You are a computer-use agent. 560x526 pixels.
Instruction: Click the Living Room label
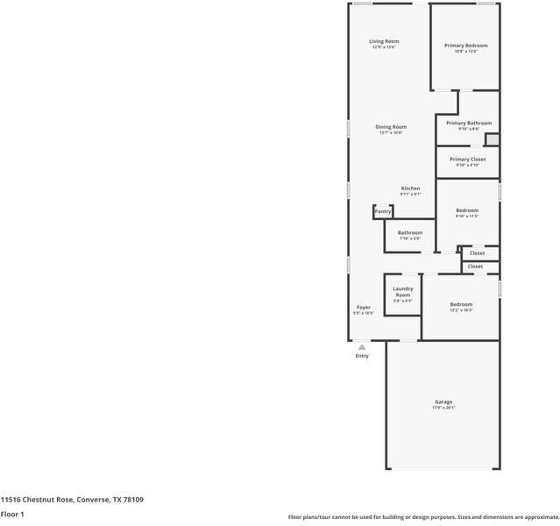384,41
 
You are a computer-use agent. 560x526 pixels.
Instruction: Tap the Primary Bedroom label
465,45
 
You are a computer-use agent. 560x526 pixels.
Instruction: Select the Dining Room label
391,127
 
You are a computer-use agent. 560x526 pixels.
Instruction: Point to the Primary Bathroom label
468,123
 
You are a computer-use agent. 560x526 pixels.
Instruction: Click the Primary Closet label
467,159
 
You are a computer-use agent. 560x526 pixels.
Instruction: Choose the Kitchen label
410,188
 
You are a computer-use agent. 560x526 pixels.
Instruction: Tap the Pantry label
383,211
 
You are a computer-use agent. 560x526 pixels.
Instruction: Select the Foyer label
363,307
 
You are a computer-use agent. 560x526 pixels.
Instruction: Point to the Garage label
443,402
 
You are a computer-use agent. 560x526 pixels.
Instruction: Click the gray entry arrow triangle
362,347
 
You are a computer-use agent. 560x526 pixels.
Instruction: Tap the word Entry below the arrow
362,356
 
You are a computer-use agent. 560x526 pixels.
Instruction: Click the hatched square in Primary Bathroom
493,139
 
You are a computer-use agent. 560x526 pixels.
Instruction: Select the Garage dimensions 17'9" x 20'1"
443,408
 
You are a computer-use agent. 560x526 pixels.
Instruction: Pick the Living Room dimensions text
384,47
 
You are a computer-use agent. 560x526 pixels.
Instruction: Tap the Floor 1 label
12,514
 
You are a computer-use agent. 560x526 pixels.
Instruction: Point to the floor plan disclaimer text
422,517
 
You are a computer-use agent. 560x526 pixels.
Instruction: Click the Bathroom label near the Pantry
410,232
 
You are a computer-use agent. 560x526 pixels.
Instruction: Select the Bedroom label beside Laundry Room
461,304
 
